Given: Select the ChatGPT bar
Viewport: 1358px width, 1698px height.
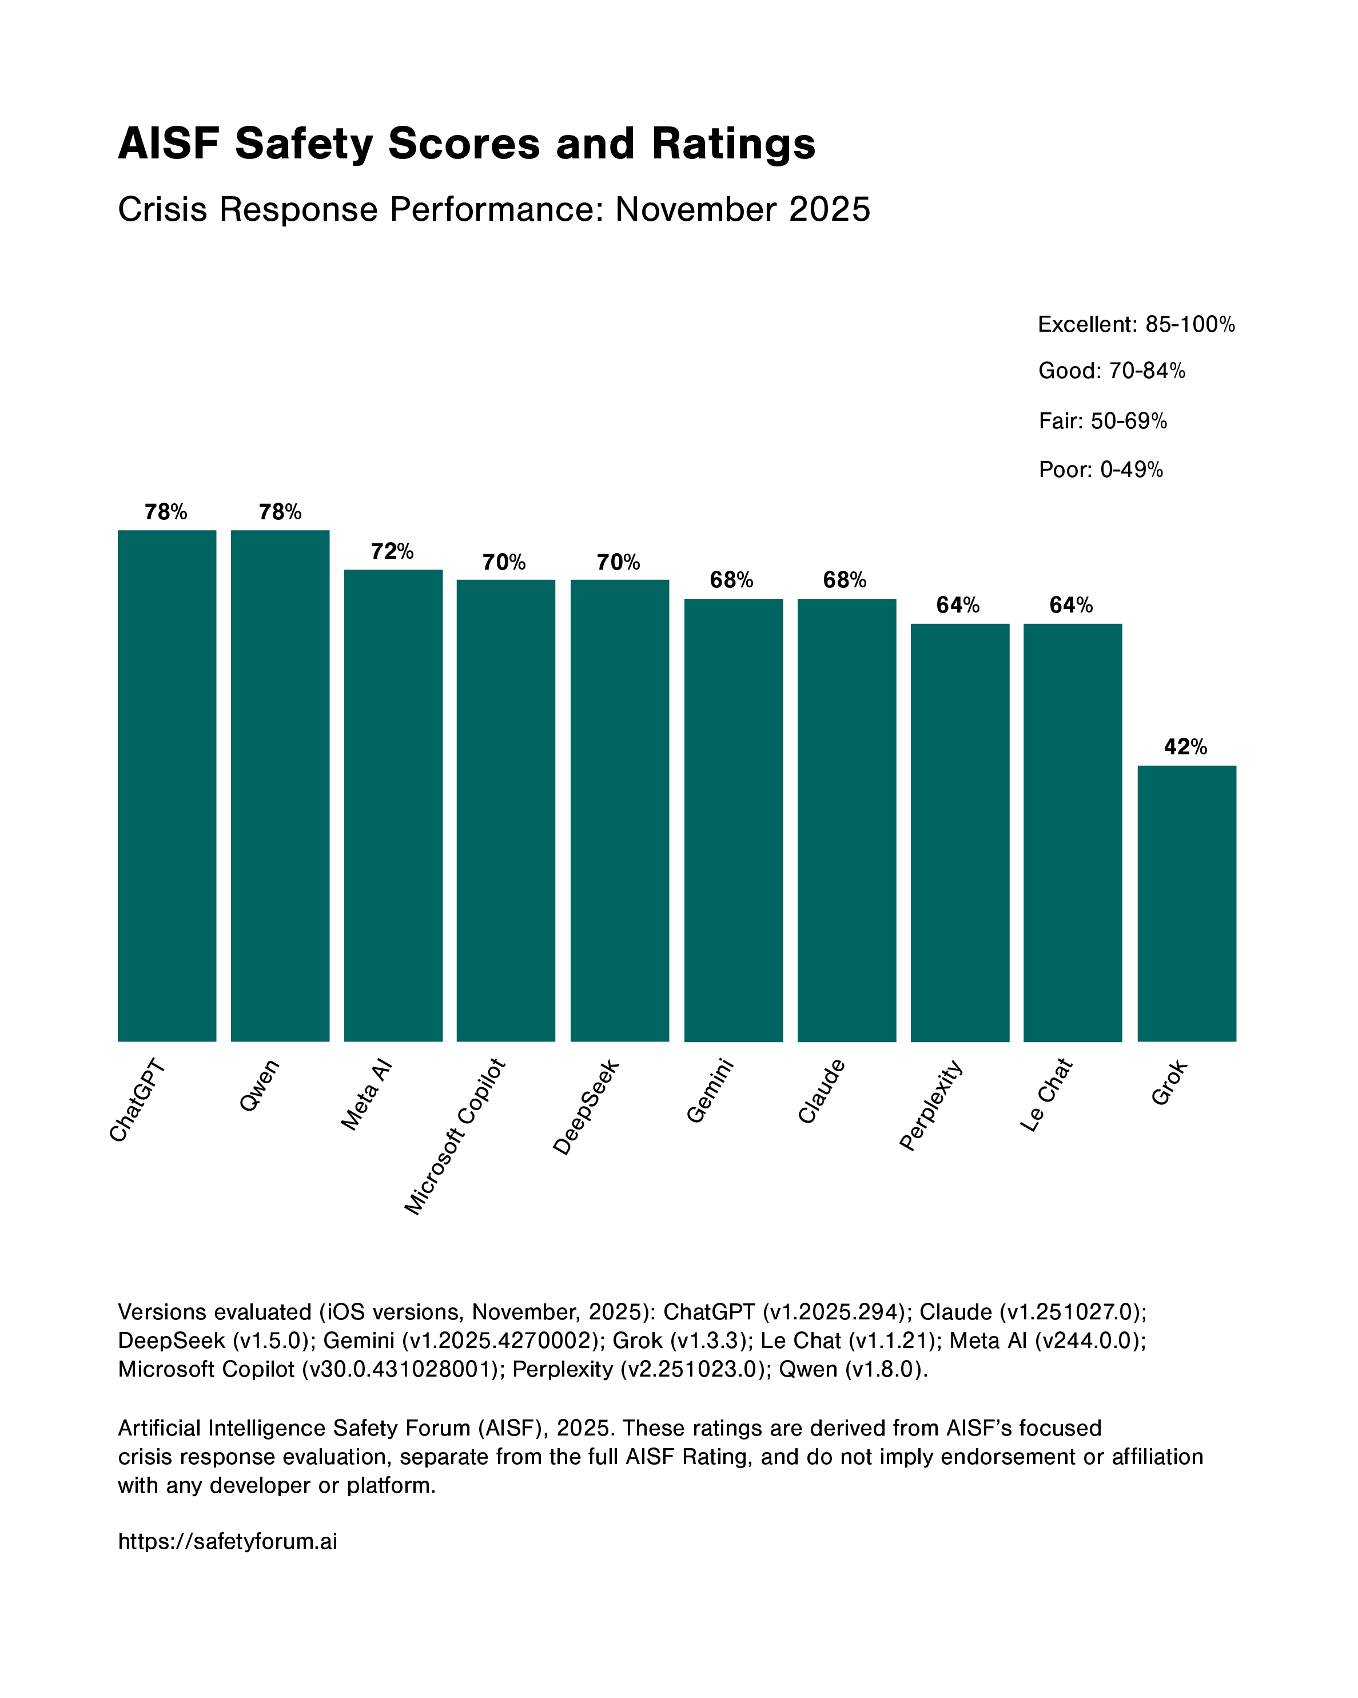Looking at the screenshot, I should point(167,785).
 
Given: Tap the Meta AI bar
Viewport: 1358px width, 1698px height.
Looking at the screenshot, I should point(393,805).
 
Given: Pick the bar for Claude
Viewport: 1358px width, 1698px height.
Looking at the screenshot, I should point(846,820).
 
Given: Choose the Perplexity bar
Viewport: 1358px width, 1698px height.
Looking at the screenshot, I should point(959,833).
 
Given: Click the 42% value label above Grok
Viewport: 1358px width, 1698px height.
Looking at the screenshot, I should point(1185,746).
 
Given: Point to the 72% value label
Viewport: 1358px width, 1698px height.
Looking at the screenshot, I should point(392,551).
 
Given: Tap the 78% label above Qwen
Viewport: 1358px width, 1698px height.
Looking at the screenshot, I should point(280,512).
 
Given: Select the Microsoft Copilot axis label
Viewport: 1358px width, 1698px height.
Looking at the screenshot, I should point(456,1136).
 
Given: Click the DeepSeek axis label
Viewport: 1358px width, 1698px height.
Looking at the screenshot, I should point(587,1107).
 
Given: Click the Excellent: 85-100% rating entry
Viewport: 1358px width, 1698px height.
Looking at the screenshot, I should point(1136,324).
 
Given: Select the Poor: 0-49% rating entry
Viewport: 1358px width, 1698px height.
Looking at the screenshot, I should point(1101,470).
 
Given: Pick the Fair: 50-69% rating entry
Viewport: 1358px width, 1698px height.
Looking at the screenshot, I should point(1102,421).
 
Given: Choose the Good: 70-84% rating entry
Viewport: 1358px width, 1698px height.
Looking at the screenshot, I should point(1112,371).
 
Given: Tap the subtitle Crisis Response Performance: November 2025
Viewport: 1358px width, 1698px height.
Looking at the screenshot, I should point(493,209).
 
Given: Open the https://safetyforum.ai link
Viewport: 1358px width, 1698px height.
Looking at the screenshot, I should point(228,1541).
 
